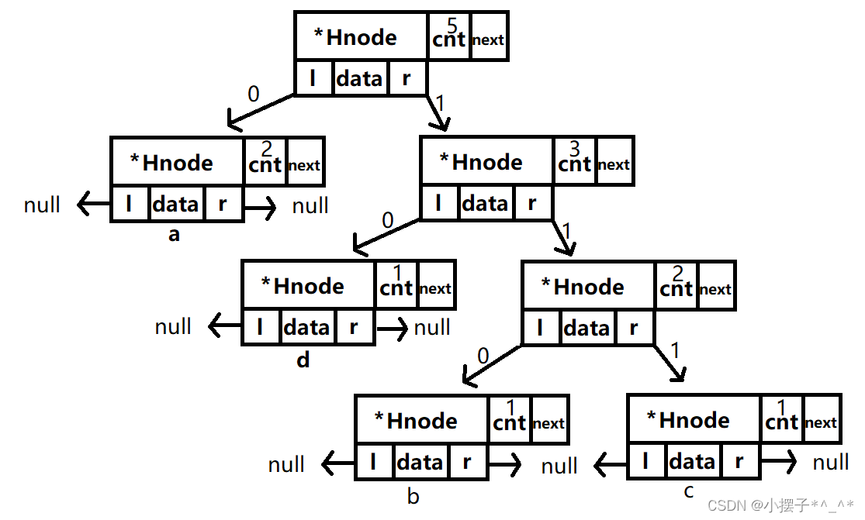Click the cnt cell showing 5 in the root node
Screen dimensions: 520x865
click(449, 36)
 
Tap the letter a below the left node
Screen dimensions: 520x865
click(174, 234)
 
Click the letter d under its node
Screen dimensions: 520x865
click(303, 360)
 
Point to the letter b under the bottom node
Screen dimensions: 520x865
click(413, 496)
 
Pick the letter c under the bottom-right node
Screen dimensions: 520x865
click(689, 492)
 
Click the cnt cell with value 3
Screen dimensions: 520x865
click(575, 160)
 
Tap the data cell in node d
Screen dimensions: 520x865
click(306, 328)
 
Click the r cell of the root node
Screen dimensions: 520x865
click(407, 77)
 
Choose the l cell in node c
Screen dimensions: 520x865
click(646, 463)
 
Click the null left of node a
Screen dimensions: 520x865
click(42, 205)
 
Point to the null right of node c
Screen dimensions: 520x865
click(831, 463)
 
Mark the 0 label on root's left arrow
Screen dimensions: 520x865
click(254, 95)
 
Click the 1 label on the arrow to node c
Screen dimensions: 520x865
click(674, 351)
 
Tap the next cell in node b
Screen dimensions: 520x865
click(548, 422)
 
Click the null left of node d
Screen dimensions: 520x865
click(173, 327)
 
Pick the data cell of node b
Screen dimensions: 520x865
click(420, 463)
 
